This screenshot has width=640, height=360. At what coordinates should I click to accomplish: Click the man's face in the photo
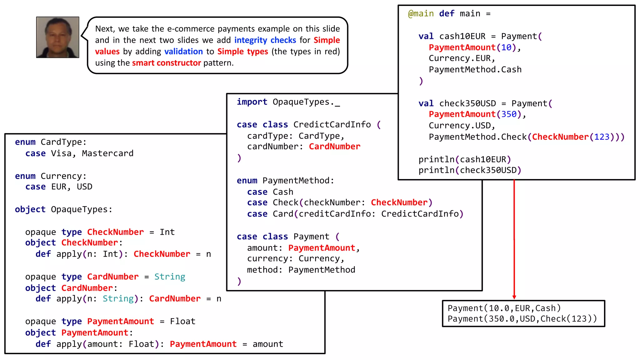(x=57, y=37)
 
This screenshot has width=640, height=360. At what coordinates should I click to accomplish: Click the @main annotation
(x=421, y=14)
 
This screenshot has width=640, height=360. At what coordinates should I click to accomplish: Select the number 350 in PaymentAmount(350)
(x=509, y=114)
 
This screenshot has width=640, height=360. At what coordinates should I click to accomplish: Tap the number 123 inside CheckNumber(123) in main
(x=602, y=137)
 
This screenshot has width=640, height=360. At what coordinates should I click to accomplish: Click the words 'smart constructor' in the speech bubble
(x=166, y=63)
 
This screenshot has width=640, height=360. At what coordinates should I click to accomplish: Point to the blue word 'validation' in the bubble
(x=183, y=52)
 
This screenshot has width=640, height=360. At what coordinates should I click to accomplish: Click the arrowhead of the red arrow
(x=514, y=297)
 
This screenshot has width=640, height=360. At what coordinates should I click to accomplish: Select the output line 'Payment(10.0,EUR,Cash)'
(x=504, y=308)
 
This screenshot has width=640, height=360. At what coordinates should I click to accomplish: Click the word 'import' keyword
(x=252, y=102)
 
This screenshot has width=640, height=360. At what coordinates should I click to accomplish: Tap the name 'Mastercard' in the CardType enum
(x=107, y=153)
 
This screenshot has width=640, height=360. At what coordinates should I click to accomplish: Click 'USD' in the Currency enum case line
(x=84, y=187)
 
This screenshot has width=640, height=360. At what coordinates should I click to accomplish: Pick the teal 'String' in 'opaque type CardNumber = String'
(x=170, y=277)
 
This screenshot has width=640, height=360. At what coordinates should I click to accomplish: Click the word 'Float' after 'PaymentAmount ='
(x=182, y=321)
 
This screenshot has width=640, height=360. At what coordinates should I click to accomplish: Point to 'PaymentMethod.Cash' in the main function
(x=475, y=69)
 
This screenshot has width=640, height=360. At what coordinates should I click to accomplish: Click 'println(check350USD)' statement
(x=470, y=170)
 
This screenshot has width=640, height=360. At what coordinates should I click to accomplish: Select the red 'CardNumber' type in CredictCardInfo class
(x=334, y=147)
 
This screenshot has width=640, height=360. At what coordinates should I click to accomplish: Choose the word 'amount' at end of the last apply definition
(x=268, y=344)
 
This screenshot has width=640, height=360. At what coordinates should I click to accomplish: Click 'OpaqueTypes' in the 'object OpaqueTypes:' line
(x=79, y=209)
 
